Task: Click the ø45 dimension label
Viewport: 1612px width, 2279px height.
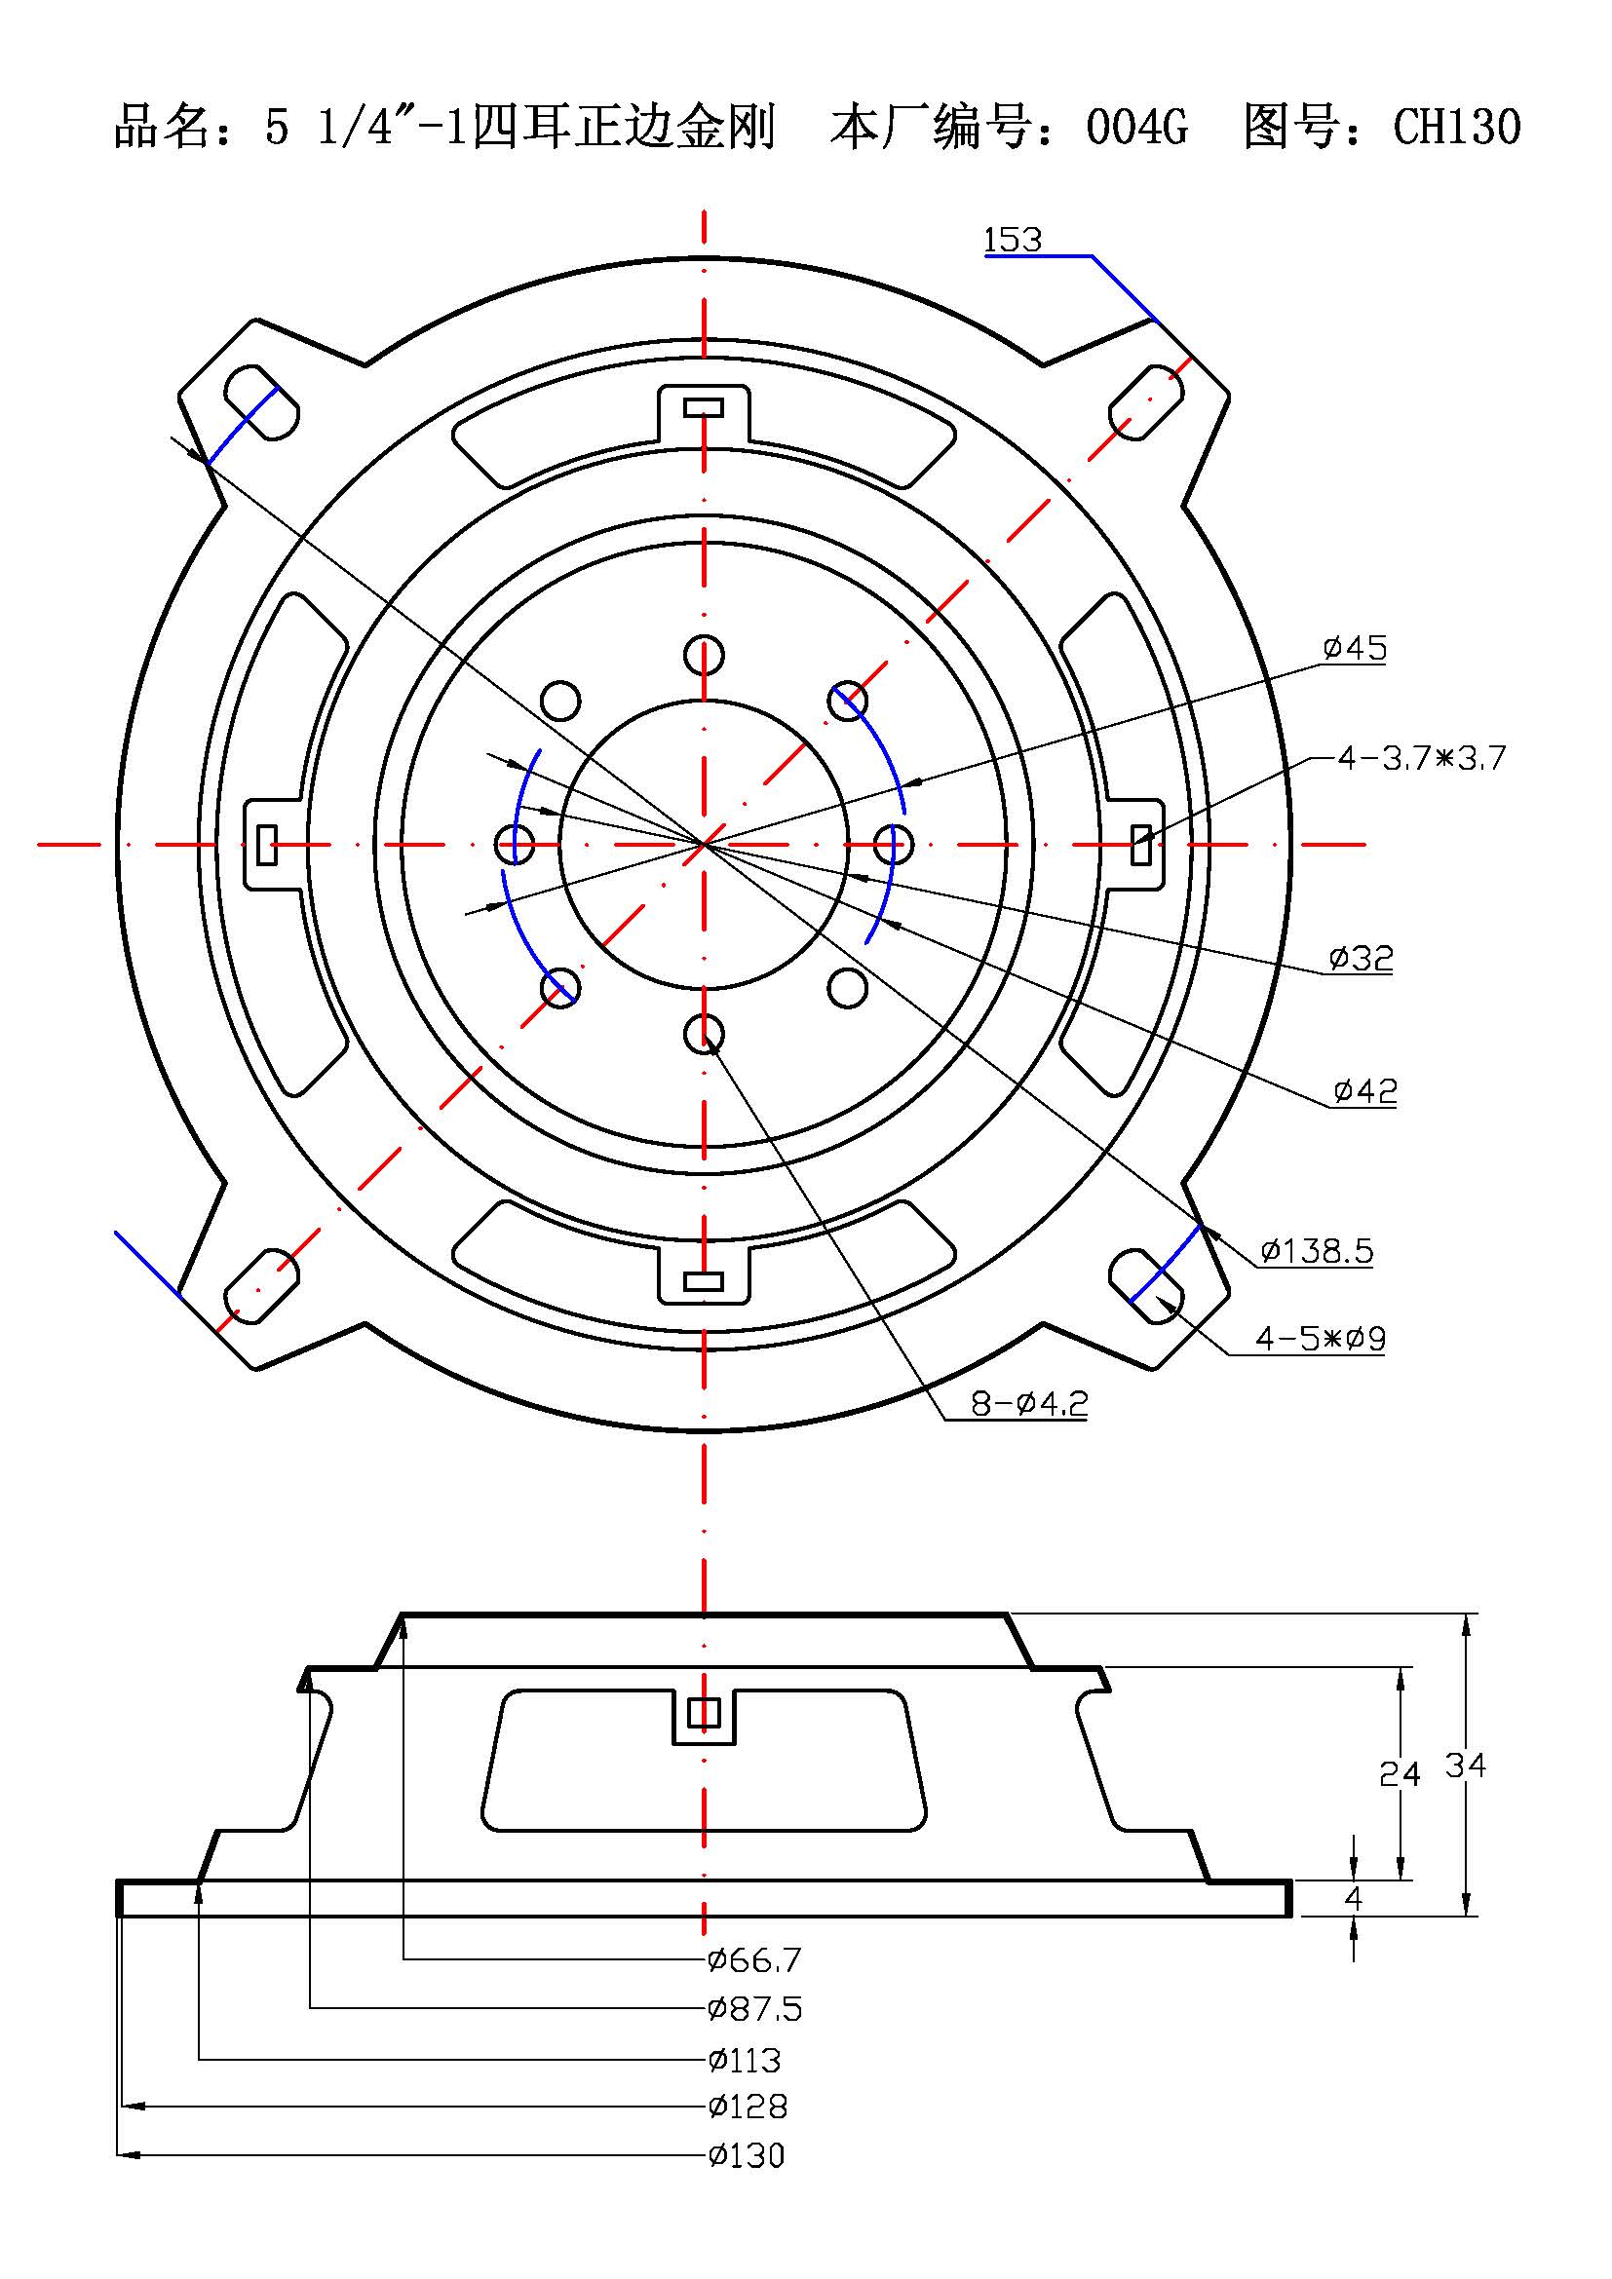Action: point(1355,648)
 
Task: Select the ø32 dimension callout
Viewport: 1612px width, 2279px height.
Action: point(1361,959)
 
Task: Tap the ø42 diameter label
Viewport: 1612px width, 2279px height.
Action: point(1364,1092)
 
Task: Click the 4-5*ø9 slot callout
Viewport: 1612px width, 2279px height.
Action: point(1321,1339)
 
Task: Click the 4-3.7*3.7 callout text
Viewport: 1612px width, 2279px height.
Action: point(1420,758)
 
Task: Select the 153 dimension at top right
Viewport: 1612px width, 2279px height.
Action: point(1013,241)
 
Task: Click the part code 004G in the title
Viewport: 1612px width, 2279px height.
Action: point(1136,127)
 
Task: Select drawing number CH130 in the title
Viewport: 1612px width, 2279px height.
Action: point(1456,127)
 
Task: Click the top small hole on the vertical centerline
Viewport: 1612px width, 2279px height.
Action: point(704,655)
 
